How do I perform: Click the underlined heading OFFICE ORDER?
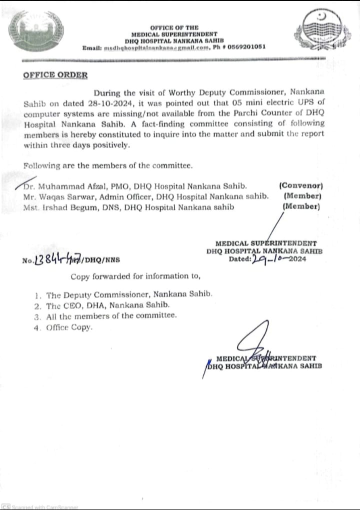coord(55,75)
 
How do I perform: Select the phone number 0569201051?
coord(246,46)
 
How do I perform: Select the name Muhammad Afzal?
coord(67,187)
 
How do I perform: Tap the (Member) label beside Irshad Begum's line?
coord(301,206)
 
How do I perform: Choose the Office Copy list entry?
coord(69,327)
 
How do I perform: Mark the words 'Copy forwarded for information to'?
coord(135,276)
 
